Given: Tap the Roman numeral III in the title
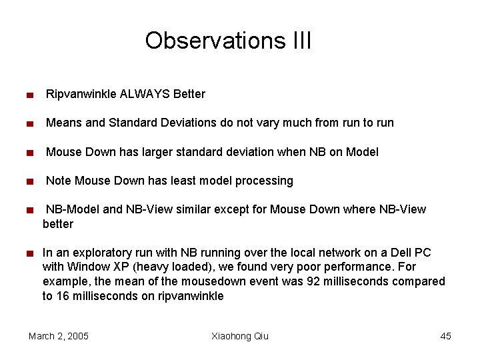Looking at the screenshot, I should (x=301, y=41).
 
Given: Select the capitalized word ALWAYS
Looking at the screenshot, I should (x=145, y=94).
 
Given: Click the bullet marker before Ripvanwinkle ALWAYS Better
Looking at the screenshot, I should (x=30, y=95).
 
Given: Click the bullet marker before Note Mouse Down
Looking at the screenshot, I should (x=30, y=181).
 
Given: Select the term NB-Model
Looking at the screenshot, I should (x=73, y=209).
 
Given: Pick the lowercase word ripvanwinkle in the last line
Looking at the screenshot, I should (x=191, y=296).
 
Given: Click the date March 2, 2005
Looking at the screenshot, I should (x=59, y=336).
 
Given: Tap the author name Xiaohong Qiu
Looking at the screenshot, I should (x=239, y=336).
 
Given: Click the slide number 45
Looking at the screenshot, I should (x=445, y=336).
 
